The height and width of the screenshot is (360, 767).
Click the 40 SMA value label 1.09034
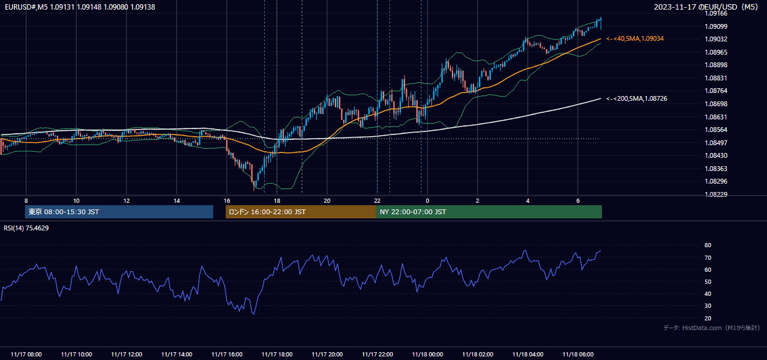635,38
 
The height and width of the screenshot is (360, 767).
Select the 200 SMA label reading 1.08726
637,98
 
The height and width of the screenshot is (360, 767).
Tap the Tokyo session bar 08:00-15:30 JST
119,212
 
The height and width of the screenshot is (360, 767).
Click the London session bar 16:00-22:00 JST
301,212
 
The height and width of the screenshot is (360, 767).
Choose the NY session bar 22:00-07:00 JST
489,212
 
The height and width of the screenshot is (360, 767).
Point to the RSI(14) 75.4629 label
26,228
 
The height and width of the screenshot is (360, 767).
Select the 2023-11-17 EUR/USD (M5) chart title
706,7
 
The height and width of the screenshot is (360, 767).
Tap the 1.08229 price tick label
716,194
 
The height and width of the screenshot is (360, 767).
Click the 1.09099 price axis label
716,26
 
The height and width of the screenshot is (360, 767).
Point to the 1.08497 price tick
716,143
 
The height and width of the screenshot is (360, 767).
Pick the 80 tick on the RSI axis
708,245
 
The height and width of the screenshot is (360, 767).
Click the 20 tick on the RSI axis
708,318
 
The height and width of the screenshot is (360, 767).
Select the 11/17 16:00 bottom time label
227,355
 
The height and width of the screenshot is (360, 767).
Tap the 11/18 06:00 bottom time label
578,355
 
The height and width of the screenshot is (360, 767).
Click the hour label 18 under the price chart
277,201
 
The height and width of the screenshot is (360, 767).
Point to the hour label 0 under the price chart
427,201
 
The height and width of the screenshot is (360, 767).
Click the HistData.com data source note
711,328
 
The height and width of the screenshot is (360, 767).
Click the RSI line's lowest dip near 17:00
254,313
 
